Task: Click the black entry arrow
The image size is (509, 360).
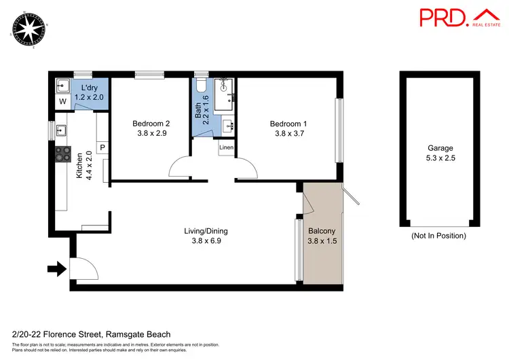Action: (57, 270)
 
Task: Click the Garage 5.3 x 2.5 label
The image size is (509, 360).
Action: (440, 154)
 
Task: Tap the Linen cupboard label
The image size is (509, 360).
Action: (227, 147)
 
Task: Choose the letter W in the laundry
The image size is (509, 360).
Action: (62, 102)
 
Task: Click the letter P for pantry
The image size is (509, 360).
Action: (102, 147)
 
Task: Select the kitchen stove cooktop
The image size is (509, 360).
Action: (63, 155)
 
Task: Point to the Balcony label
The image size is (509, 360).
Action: (322, 235)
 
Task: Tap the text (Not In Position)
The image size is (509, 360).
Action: (439, 236)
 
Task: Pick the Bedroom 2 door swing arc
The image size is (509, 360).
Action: (183, 167)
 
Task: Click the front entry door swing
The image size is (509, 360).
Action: (79, 268)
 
